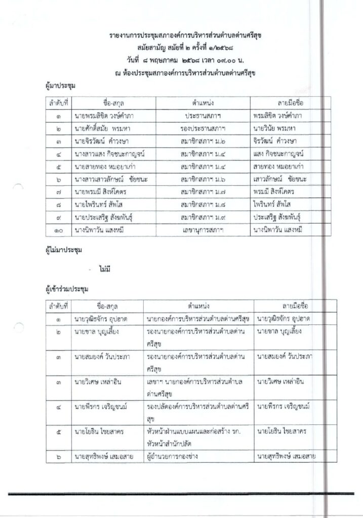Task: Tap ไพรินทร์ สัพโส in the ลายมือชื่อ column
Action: pos(273,205)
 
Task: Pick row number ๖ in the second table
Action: pos(59,457)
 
